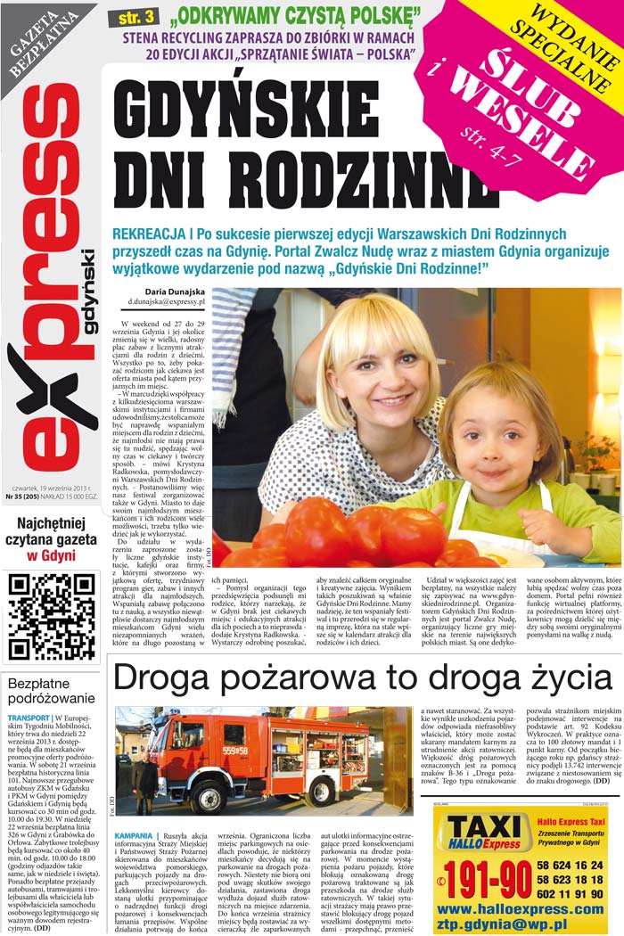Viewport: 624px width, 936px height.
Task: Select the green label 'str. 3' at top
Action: (x=133, y=18)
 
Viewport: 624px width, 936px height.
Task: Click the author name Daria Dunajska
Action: (x=175, y=291)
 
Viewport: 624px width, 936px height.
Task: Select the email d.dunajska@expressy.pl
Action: (x=167, y=303)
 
